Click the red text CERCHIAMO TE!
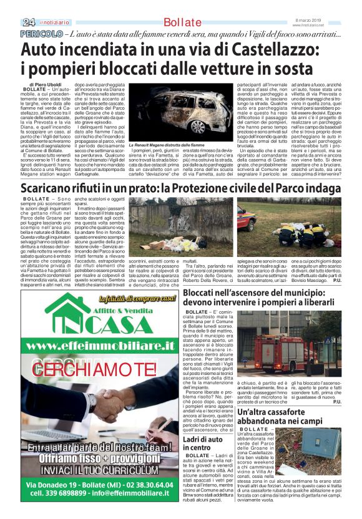[x=94, y=385]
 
